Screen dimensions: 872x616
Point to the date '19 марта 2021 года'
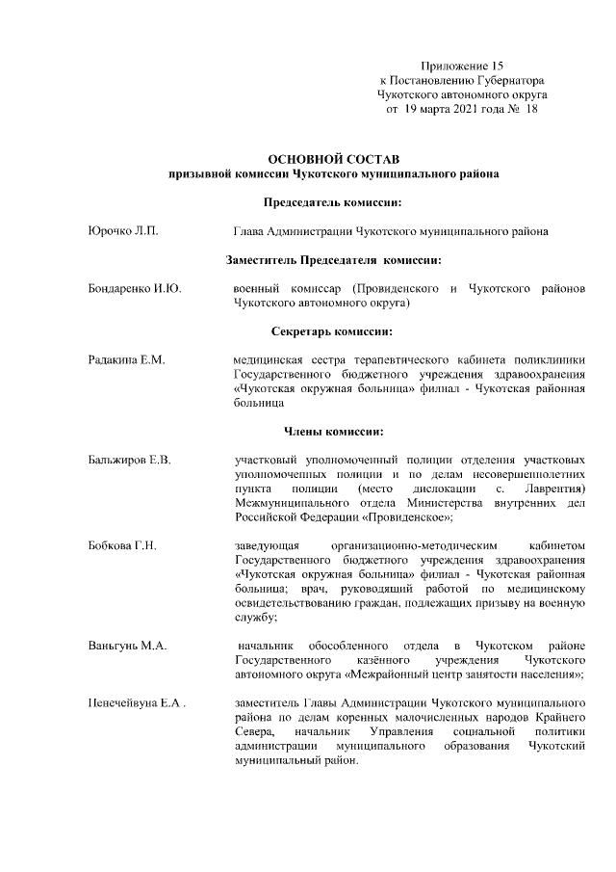click(x=450, y=110)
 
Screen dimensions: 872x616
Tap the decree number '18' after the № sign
click(x=529, y=110)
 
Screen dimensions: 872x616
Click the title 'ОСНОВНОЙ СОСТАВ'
click(x=332, y=157)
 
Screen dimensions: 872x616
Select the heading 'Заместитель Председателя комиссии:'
click(x=333, y=260)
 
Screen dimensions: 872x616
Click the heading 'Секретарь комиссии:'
click(x=332, y=331)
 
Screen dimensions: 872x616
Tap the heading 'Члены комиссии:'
click(x=332, y=430)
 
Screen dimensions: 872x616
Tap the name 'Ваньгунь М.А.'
click(x=121, y=645)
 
